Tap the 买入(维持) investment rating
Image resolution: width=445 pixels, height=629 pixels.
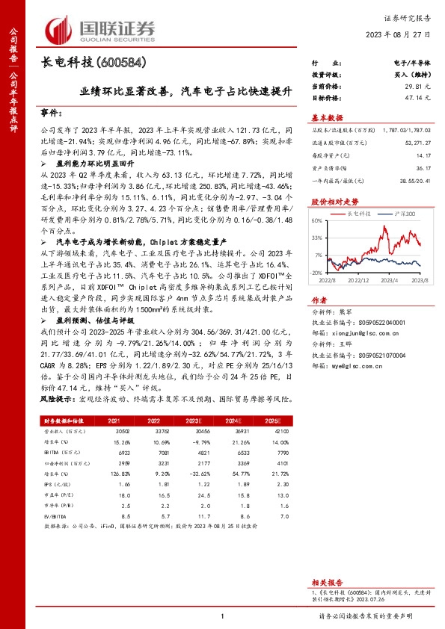[409, 75]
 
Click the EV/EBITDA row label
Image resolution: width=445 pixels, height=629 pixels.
[55, 515]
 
